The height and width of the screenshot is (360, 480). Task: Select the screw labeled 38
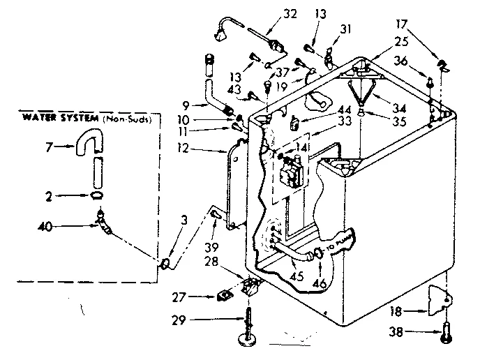click(444, 334)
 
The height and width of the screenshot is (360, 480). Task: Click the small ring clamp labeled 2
click(98, 196)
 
